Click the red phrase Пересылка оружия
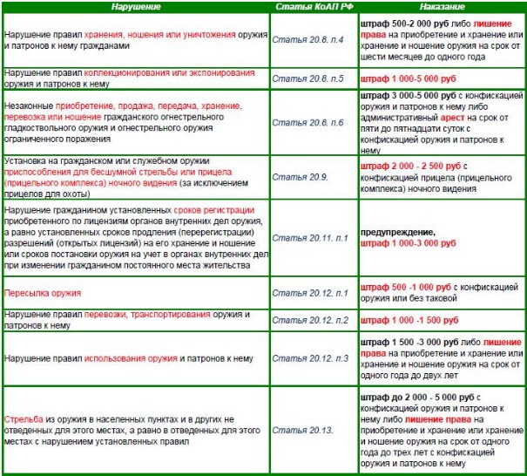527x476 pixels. tap(43, 293)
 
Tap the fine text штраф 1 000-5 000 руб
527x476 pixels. tap(409, 78)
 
